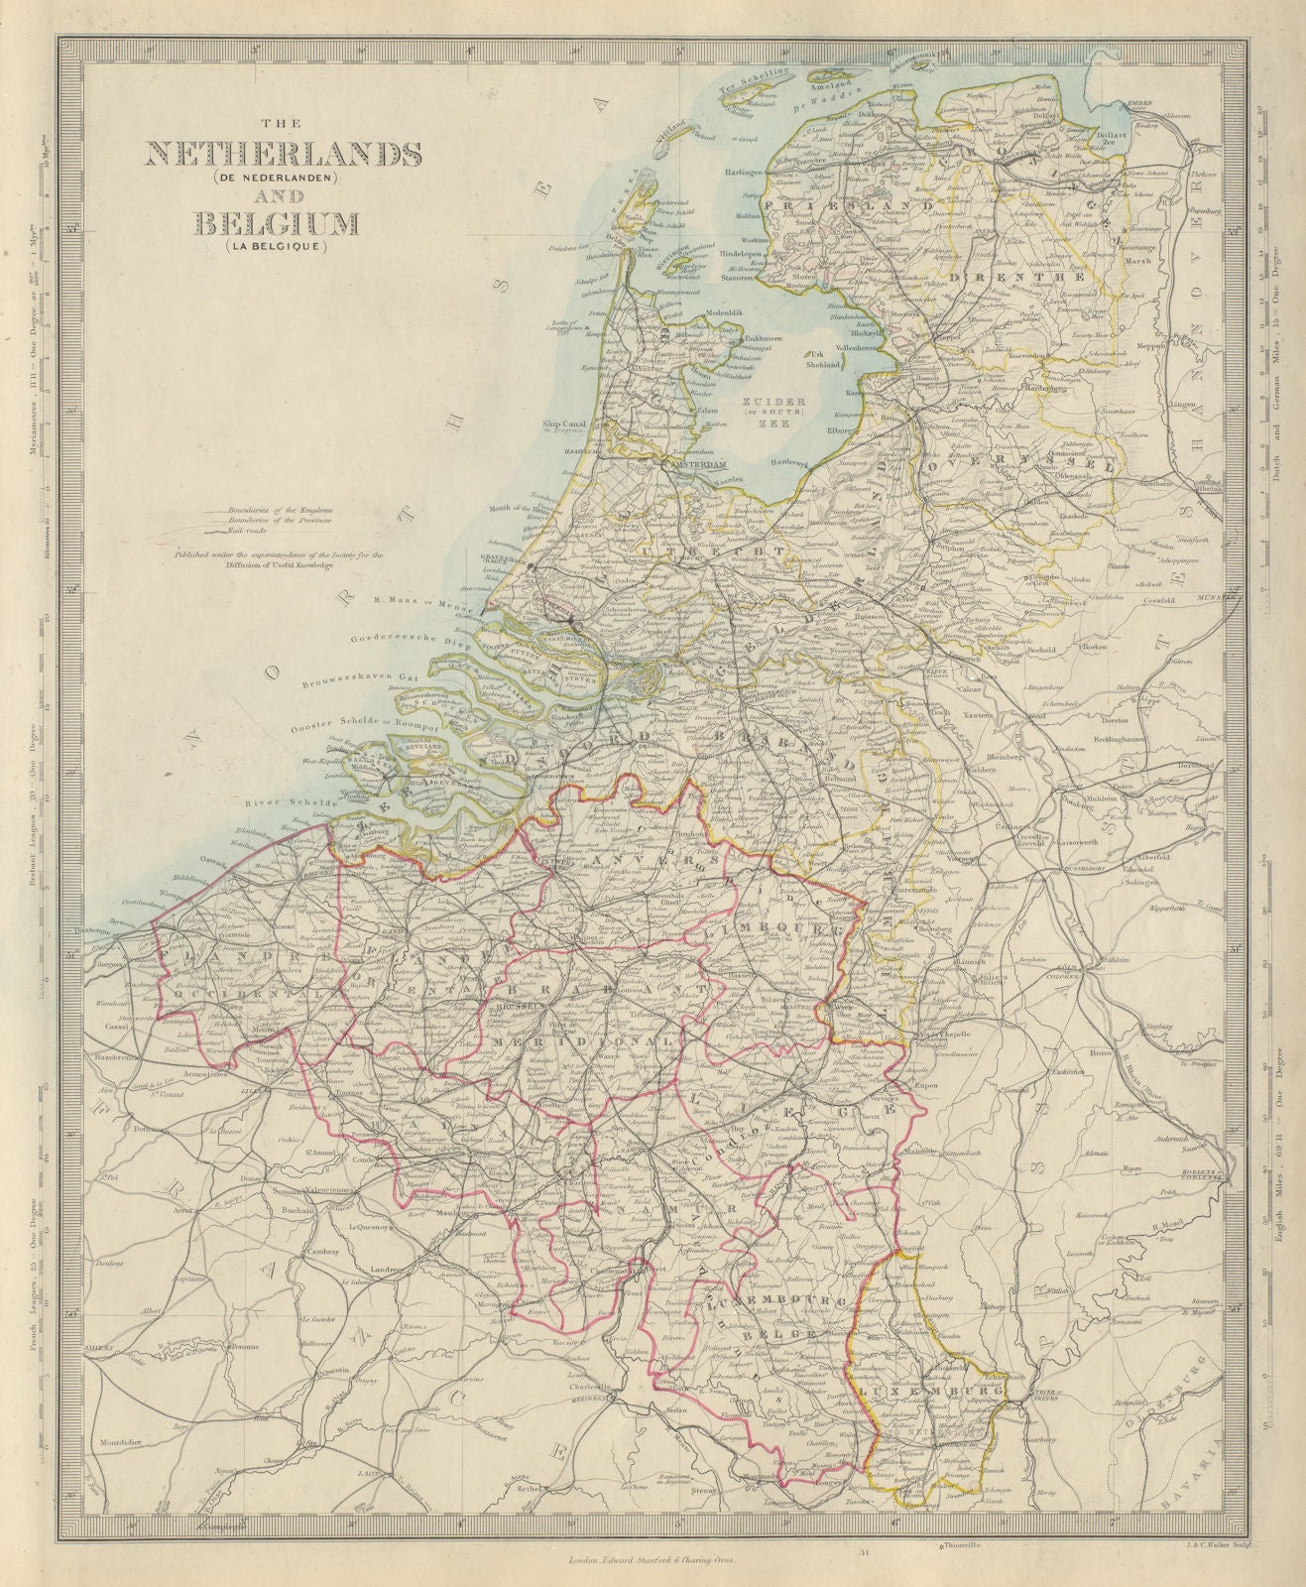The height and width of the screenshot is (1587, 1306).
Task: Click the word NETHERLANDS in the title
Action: pyautogui.click(x=284, y=155)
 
